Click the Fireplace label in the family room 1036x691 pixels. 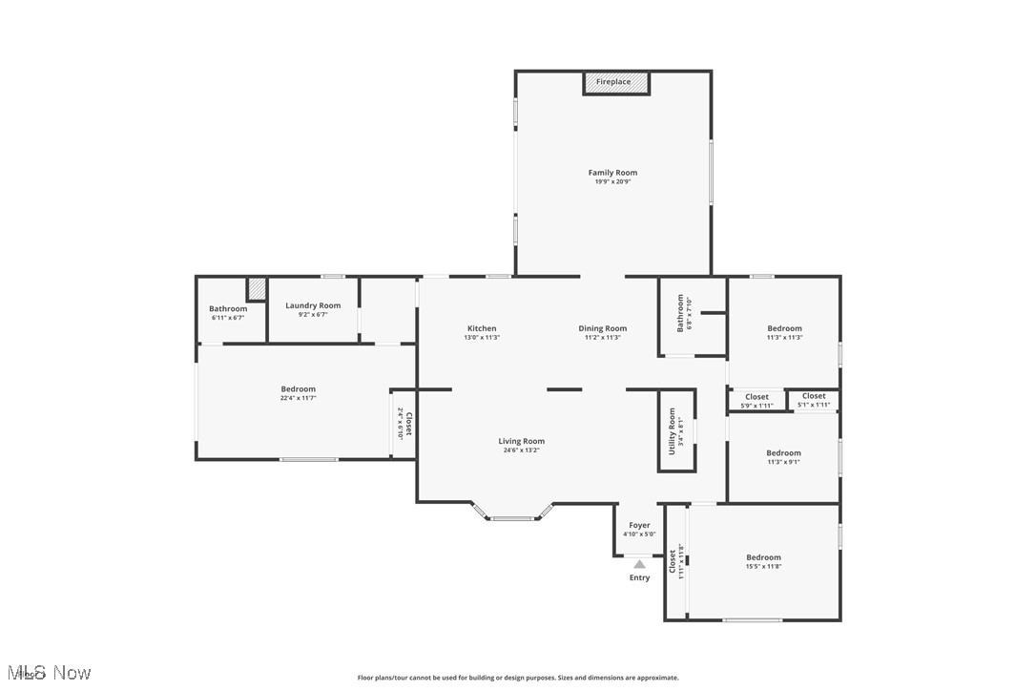coord(613,82)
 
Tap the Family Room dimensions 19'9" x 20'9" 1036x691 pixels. coord(612,182)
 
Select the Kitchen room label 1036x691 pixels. coord(482,328)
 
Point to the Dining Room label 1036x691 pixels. coord(603,328)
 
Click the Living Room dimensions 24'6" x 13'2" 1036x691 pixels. coord(522,450)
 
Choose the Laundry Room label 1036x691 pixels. coord(313,305)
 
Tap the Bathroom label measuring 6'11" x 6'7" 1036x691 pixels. coord(228,308)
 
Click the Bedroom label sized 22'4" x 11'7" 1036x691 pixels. coord(299,388)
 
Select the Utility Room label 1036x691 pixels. coord(672,430)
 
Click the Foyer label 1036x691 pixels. coord(639,525)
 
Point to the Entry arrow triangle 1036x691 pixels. coord(639,564)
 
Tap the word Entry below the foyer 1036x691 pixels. coord(639,577)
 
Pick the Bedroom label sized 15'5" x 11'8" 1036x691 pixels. coord(763,557)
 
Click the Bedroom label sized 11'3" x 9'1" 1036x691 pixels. coord(783,453)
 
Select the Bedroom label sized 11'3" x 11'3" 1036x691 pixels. coord(784,328)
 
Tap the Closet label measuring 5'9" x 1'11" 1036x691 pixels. coord(756,397)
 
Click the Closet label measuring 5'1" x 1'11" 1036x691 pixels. coord(814,396)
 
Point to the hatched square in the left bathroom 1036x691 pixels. coord(257,288)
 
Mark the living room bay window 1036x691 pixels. coord(513,516)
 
